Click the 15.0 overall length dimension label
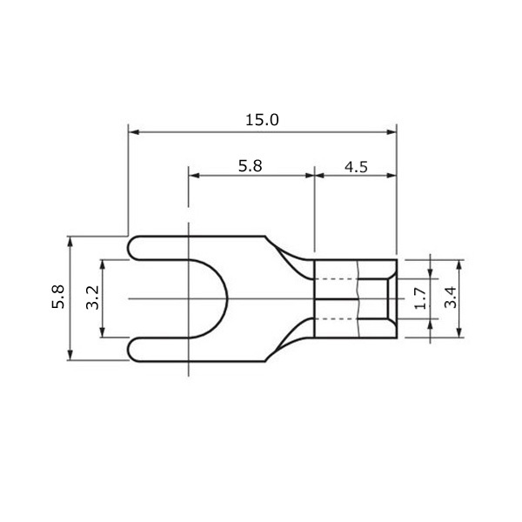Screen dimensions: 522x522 [x=262, y=120]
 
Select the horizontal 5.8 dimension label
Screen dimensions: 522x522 [x=250, y=166]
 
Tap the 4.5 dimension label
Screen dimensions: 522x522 [x=356, y=167]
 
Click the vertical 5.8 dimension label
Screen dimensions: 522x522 [x=58, y=297]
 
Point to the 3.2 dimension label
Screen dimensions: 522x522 [x=92, y=298]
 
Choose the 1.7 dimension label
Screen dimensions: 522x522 [x=420, y=298]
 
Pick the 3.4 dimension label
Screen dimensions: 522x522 [x=451, y=298]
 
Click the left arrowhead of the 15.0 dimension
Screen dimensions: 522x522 [x=133, y=132]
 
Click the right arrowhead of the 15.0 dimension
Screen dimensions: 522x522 [x=391, y=132]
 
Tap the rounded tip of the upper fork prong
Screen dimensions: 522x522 [x=129, y=248]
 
